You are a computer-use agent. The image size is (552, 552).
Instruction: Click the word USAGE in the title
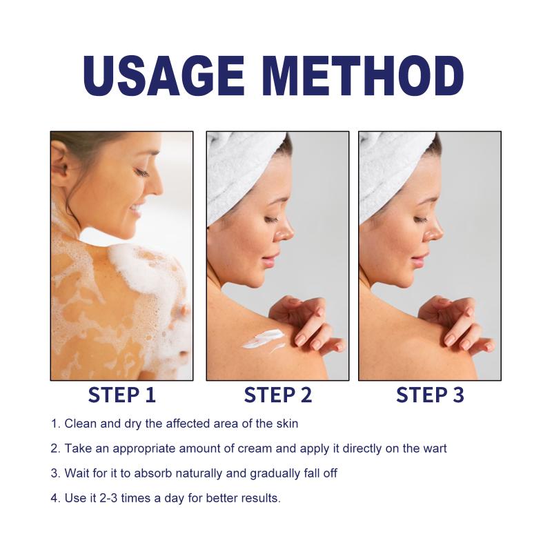(x=164, y=76)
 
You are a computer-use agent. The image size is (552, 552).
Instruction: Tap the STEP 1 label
(x=122, y=395)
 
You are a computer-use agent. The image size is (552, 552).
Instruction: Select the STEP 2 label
(x=278, y=395)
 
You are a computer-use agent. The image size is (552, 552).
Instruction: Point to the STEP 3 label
(x=430, y=395)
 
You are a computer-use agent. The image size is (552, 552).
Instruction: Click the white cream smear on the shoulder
(x=264, y=339)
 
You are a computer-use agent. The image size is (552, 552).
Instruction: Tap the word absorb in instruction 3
(x=153, y=473)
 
